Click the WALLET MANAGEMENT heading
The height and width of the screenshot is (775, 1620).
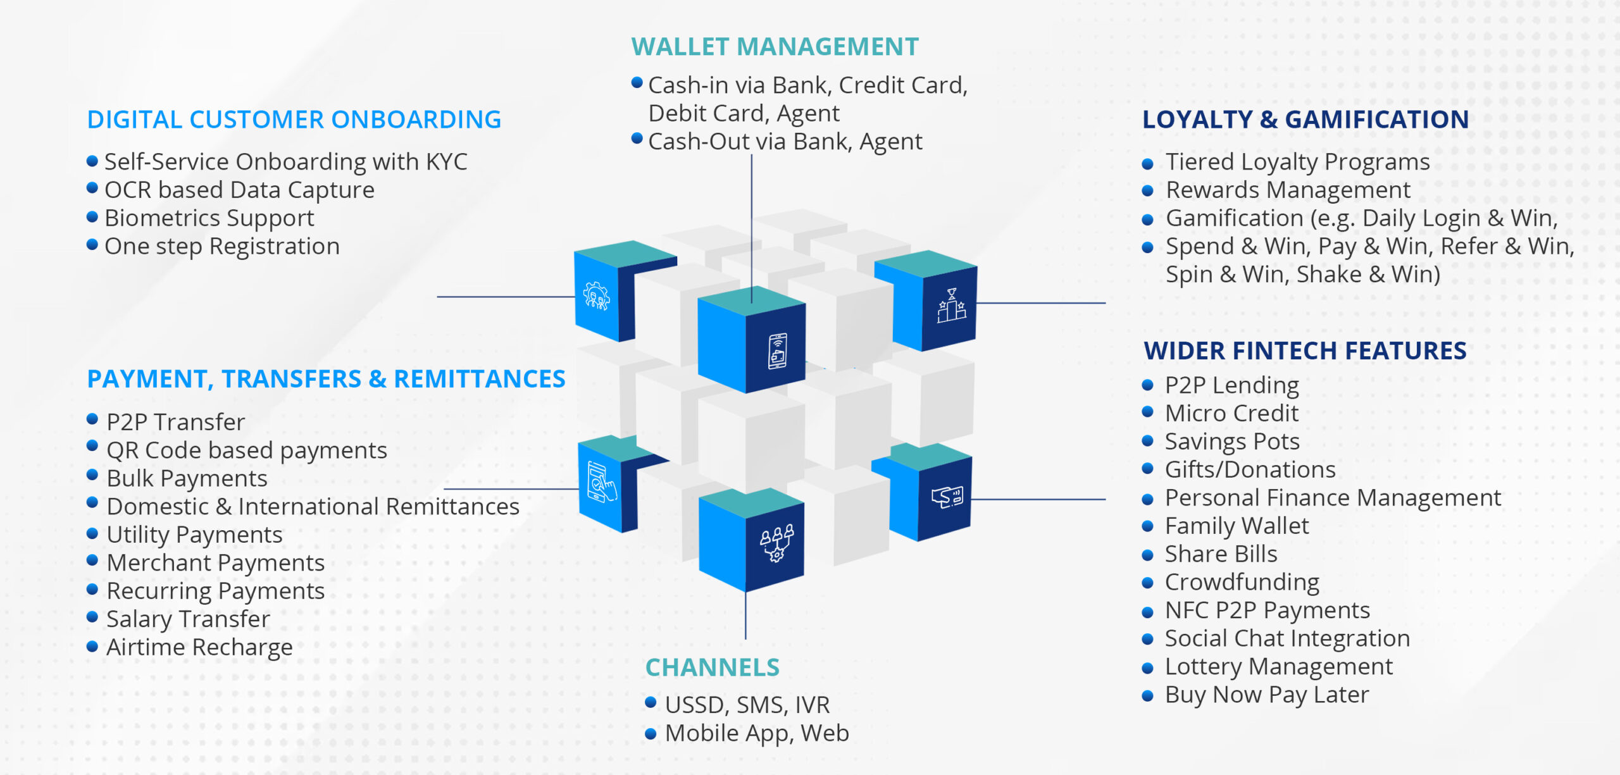[x=775, y=47]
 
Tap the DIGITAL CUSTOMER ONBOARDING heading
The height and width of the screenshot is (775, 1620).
[x=294, y=120]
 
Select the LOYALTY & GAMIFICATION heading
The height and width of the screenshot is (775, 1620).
[x=1305, y=120]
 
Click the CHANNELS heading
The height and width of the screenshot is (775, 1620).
[x=712, y=667]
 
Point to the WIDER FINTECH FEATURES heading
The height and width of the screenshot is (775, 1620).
[x=1305, y=350]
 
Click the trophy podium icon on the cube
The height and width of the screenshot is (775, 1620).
[x=951, y=306]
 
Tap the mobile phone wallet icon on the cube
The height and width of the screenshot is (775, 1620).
[x=777, y=351]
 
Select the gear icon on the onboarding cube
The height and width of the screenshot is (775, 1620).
[x=596, y=296]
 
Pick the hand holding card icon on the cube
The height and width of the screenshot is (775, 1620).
[x=947, y=497]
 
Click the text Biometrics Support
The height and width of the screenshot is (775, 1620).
[x=209, y=218]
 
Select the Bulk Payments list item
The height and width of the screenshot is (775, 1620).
[x=187, y=478]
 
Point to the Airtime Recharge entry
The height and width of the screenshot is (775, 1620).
[x=199, y=647]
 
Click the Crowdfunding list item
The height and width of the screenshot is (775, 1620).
[x=1242, y=582]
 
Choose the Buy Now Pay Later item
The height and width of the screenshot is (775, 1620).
[x=1266, y=695]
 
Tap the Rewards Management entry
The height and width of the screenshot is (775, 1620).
[x=1288, y=190]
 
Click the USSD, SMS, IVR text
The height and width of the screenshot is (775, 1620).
[x=747, y=705]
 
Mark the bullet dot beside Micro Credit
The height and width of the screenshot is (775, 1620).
[x=1148, y=412]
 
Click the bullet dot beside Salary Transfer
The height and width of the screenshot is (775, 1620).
[x=92, y=617]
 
